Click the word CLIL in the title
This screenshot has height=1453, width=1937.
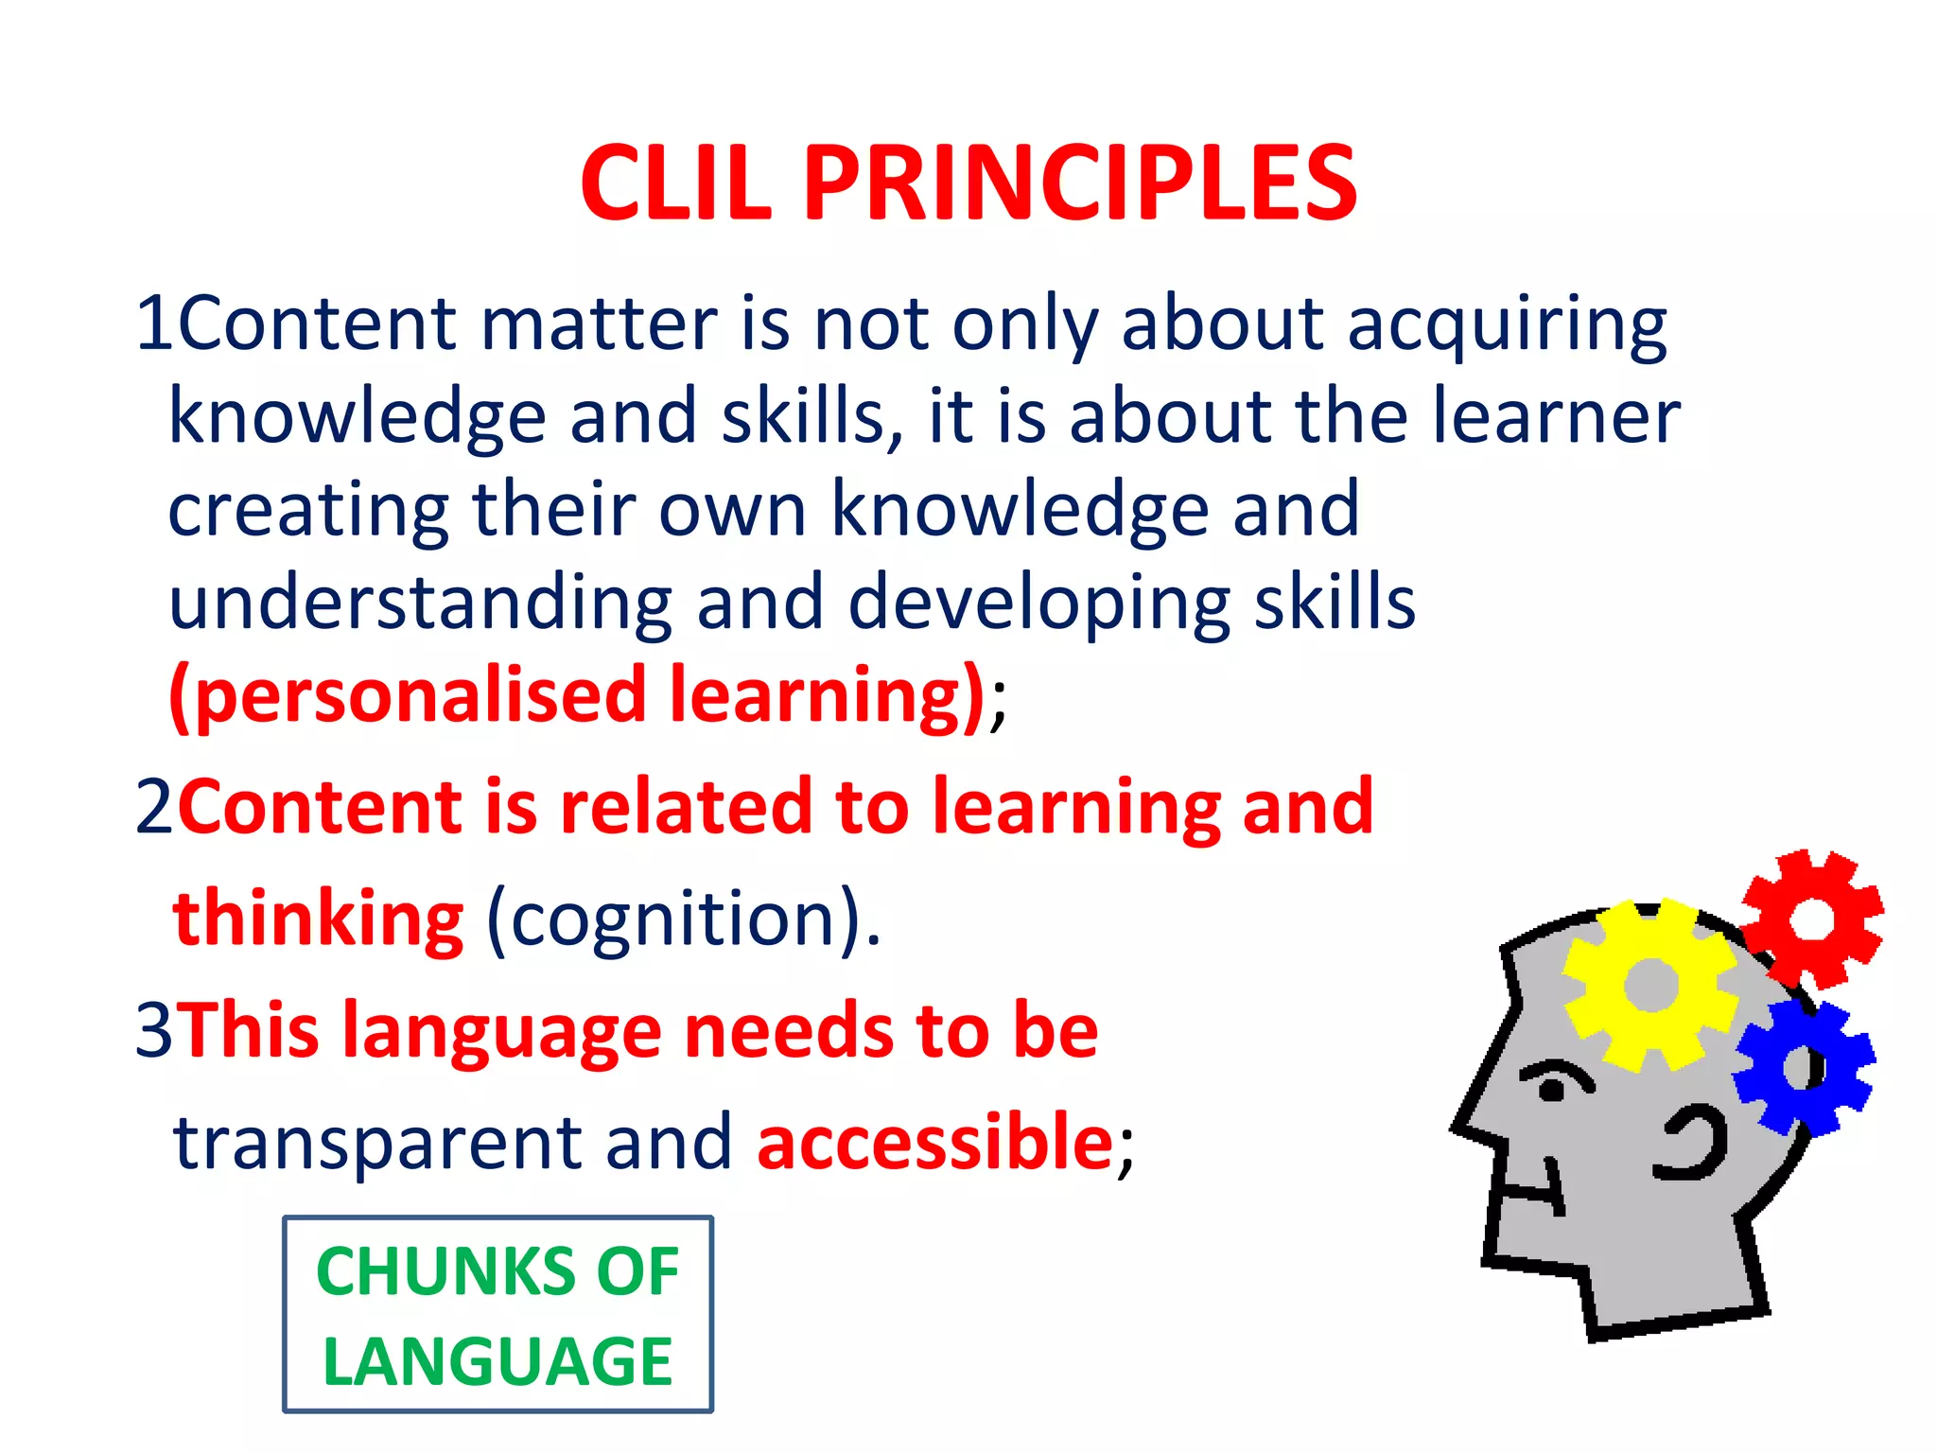click(x=675, y=184)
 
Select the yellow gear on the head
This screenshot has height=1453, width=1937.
click(x=1650, y=985)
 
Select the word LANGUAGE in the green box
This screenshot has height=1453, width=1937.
click(x=497, y=1362)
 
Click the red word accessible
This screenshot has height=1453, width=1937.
click(x=934, y=1142)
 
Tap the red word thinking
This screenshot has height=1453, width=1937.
click(x=318, y=919)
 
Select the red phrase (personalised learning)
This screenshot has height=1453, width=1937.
click(x=577, y=696)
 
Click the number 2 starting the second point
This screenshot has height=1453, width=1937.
click(x=153, y=808)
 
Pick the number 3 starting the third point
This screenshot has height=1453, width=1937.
click(x=153, y=1030)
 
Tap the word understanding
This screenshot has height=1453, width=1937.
click(x=420, y=604)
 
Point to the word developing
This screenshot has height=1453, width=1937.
click(x=1038, y=604)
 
